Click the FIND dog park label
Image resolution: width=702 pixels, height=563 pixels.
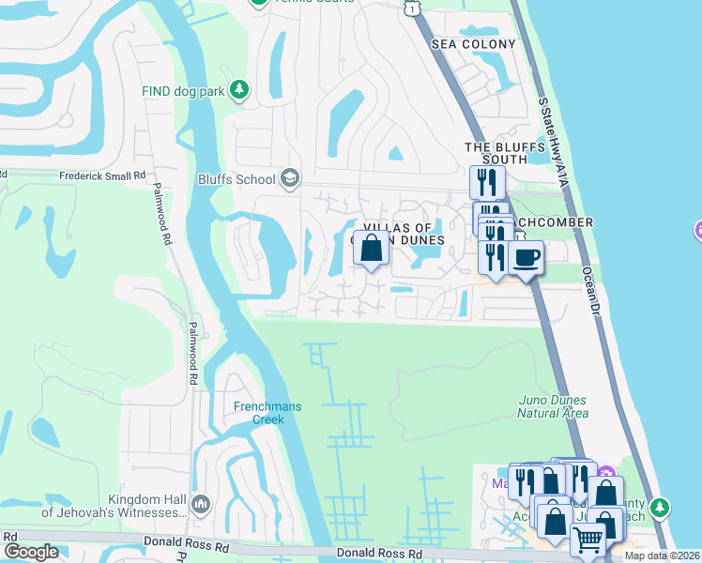185,90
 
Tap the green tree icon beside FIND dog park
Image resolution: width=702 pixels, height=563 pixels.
240,89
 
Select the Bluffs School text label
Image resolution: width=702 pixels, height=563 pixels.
237,179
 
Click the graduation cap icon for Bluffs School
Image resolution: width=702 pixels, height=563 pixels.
291,178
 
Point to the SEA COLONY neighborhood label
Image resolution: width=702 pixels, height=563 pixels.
474,44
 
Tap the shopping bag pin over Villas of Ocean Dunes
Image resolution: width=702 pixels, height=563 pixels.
372,249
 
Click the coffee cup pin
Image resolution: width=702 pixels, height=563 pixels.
526,256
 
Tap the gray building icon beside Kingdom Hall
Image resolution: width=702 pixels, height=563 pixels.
200,506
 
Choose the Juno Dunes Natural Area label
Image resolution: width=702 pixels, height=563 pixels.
554,406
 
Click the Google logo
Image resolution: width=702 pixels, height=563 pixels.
31,552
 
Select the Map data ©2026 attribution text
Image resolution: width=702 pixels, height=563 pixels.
661,555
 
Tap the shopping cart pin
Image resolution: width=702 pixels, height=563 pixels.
588,540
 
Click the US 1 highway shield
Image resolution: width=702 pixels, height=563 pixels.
411,8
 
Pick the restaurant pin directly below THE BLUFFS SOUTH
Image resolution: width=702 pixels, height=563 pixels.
486,181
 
